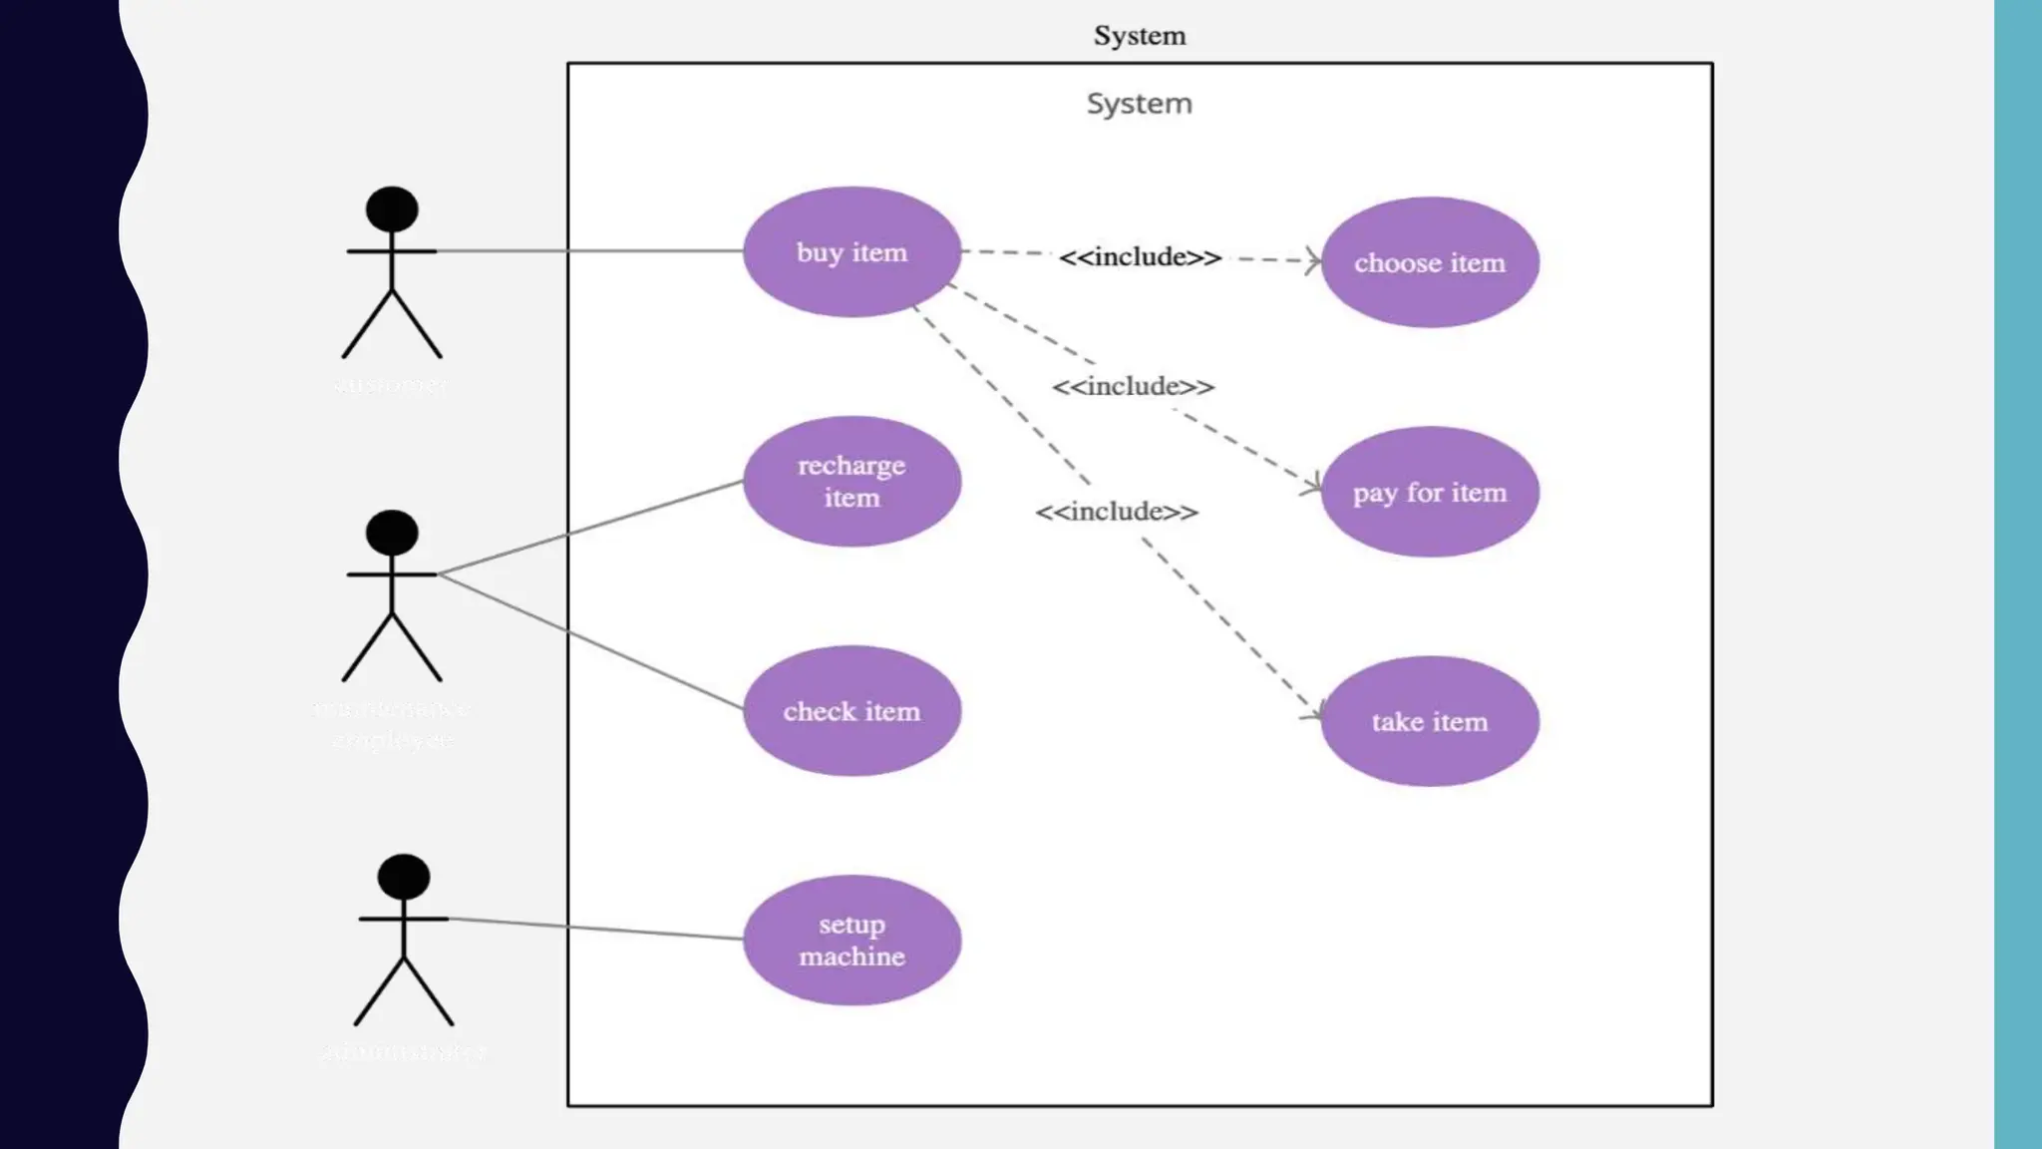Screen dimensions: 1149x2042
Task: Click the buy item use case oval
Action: [851, 252]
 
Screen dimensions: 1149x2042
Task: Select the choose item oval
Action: [1429, 262]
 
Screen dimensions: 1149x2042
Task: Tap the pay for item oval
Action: [1429, 492]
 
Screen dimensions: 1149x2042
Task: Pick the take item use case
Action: [1429, 721]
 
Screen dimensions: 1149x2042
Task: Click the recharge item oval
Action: [851, 481]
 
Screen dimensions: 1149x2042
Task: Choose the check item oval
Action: [851, 711]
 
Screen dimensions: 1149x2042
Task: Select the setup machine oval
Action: [851, 940]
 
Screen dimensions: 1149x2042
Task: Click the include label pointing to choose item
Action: [1140, 257]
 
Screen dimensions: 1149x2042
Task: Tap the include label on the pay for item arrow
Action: [1133, 387]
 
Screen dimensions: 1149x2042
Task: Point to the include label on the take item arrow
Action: [1117, 512]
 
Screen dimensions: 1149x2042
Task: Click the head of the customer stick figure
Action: [392, 208]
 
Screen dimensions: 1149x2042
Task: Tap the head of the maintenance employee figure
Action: [392, 533]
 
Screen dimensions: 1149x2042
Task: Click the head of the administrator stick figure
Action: [404, 877]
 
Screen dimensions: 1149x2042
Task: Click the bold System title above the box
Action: [1140, 36]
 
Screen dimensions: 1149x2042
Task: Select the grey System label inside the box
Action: [1139, 104]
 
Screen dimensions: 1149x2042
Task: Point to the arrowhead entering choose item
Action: [1314, 261]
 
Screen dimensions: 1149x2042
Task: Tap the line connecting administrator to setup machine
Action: [598, 929]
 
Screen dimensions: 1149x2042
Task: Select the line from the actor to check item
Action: [598, 644]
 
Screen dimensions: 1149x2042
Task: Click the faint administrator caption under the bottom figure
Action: [404, 1051]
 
